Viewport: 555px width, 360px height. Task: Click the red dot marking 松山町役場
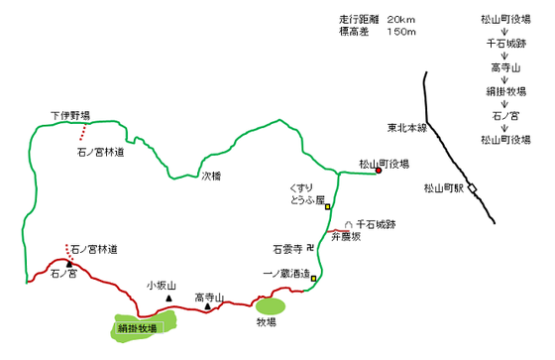(379, 171)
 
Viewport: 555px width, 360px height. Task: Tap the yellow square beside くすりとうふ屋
(328, 206)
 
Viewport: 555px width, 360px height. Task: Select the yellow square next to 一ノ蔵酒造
(313, 279)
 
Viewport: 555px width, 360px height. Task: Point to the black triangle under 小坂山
(168, 299)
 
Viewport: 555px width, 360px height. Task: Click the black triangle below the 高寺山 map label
(208, 306)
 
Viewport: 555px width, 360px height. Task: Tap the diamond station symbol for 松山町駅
(472, 188)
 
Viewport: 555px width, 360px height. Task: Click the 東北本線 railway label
(407, 128)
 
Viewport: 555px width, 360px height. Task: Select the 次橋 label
(211, 177)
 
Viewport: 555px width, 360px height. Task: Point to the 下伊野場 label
(70, 115)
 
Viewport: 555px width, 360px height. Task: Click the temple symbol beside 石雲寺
(310, 248)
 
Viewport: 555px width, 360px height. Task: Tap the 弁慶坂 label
(346, 237)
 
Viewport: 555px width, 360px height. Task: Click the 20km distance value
(400, 20)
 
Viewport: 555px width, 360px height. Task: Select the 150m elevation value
(401, 32)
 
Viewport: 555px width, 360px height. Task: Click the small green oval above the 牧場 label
(271, 306)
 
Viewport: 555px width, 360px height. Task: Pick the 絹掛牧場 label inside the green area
(138, 328)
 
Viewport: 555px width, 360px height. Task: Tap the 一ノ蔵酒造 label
(286, 274)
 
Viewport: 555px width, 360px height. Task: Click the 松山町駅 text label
(444, 188)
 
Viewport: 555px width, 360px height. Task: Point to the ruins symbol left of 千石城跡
(349, 225)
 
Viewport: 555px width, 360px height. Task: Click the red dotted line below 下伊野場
(83, 132)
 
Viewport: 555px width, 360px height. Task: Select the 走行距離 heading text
(359, 19)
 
